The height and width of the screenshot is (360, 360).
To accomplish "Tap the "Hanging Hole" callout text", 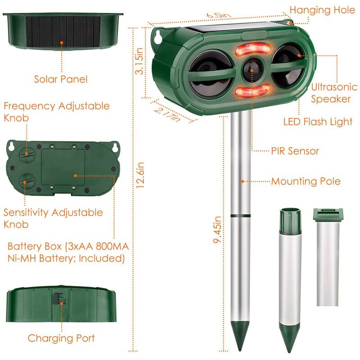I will pyautogui.click(x=322, y=9).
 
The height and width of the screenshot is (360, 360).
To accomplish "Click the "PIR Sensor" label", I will pyautogui.click(x=295, y=151).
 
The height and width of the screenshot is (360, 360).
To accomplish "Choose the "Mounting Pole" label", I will pyautogui.click(x=306, y=181).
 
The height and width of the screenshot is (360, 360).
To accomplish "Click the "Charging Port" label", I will pyautogui.click(x=61, y=338).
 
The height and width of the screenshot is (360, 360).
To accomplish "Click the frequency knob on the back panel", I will pyautogui.click(x=26, y=154).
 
